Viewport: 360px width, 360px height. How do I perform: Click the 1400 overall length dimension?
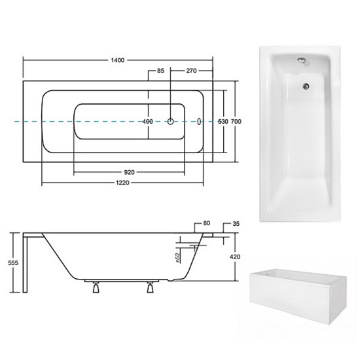(x=118, y=60)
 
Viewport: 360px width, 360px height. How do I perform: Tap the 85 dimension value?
(x=161, y=71)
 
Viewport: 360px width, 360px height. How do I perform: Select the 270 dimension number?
(x=191, y=71)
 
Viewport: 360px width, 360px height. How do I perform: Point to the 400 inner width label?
(x=147, y=122)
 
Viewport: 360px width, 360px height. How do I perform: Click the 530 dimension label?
(x=223, y=122)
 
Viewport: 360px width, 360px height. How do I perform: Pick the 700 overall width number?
(x=236, y=122)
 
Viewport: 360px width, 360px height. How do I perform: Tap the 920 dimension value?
(x=129, y=172)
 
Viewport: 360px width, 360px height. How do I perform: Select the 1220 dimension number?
(x=122, y=183)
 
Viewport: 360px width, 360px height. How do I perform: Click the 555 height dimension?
(x=13, y=262)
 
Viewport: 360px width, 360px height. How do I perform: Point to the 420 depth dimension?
(x=235, y=257)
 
